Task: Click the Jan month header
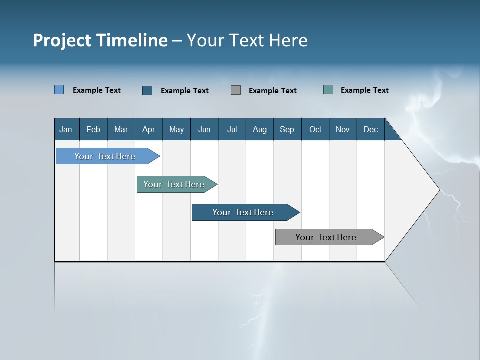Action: (x=66, y=129)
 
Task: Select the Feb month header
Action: (x=93, y=129)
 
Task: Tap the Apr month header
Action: (x=148, y=129)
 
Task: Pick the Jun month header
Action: (x=204, y=129)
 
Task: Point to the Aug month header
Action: (x=259, y=129)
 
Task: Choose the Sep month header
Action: (x=287, y=129)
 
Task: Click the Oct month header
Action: (x=315, y=129)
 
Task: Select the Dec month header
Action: (x=370, y=129)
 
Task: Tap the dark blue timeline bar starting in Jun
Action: (x=243, y=212)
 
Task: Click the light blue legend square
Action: (x=59, y=90)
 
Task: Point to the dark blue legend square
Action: (x=147, y=90)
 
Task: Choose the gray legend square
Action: (x=236, y=90)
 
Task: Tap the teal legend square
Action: (x=328, y=90)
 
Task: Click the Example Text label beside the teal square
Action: (x=364, y=90)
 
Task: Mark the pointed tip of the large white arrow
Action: (x=439, y=190)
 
